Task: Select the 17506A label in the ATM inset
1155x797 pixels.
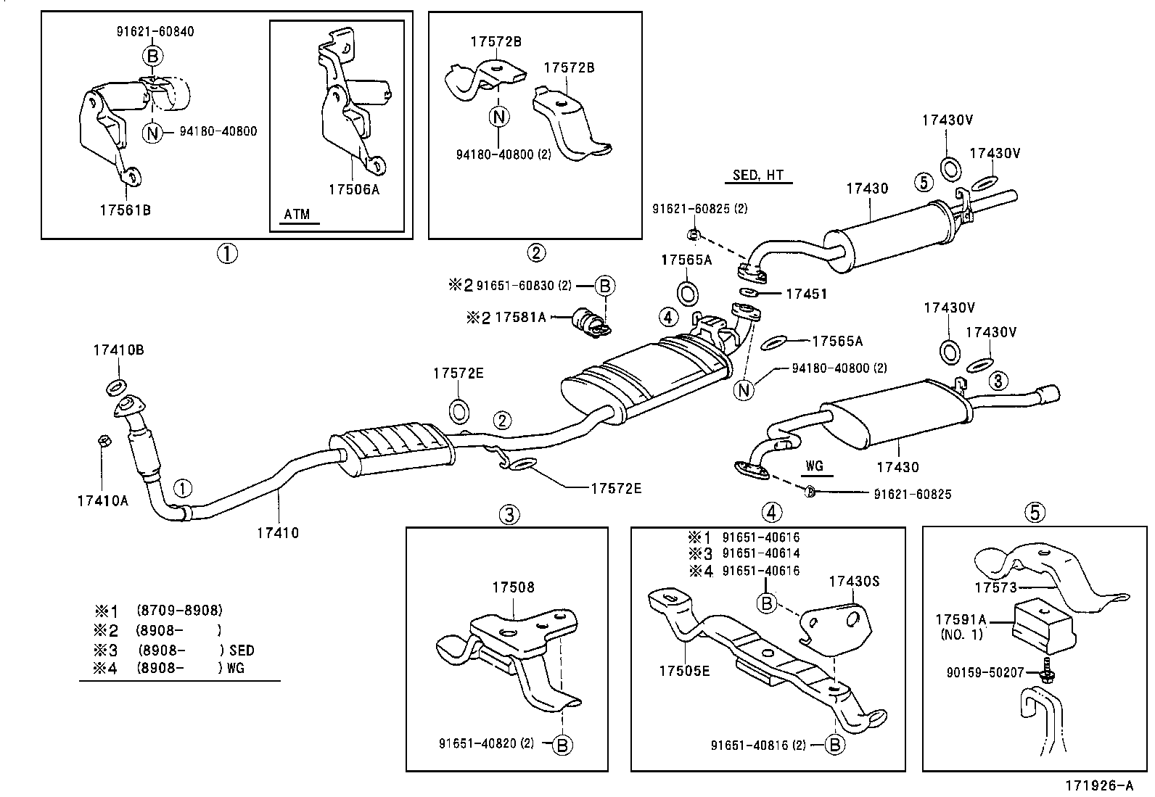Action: point(353,190)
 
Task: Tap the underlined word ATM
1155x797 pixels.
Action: point(297,214)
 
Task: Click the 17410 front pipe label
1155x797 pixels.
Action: point(277,533)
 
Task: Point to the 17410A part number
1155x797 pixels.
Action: point(102,500)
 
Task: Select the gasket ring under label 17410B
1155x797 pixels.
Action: point(115,385)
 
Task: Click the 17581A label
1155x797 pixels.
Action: point(519,317)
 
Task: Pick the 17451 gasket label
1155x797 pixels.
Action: point(805,294)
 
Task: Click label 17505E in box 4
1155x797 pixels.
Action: point(684,671)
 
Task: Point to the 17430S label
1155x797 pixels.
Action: point(855,581)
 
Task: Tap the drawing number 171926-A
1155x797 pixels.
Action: point(1098,785)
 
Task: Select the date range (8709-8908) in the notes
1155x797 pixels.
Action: point(179,611)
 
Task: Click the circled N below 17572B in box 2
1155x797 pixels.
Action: point(499,116)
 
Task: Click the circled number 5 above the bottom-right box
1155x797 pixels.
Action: point(1035,513)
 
